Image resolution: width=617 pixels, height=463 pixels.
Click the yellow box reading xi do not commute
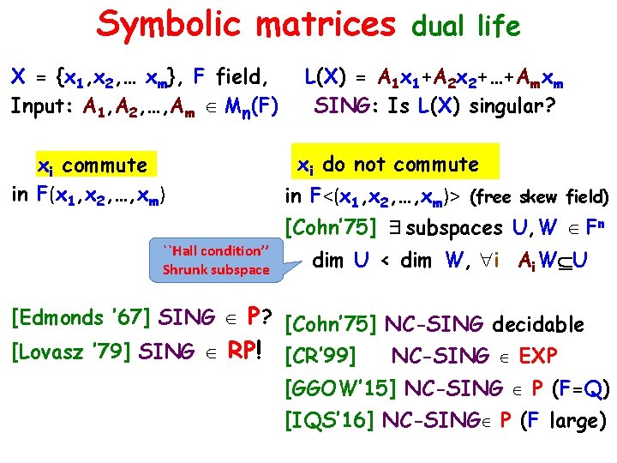coord(387,164)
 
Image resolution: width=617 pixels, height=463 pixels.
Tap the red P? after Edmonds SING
coord(258,317)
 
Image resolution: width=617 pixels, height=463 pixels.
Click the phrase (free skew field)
coord(540,198)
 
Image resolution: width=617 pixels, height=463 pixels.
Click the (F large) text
coord(567,420)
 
